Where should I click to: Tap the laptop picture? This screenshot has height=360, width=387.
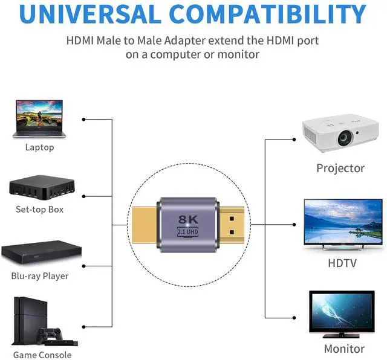click(x=39, y=118)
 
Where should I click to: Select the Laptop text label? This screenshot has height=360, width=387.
click(x=39, y=147)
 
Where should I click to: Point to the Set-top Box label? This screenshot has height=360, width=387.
click(x=39, y=210)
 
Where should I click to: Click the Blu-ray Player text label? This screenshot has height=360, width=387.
click(x=39, y=276)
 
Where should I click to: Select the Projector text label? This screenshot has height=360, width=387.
click(x=340, y=168)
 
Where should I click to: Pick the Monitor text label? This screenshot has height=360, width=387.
click(x=344, y=349)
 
